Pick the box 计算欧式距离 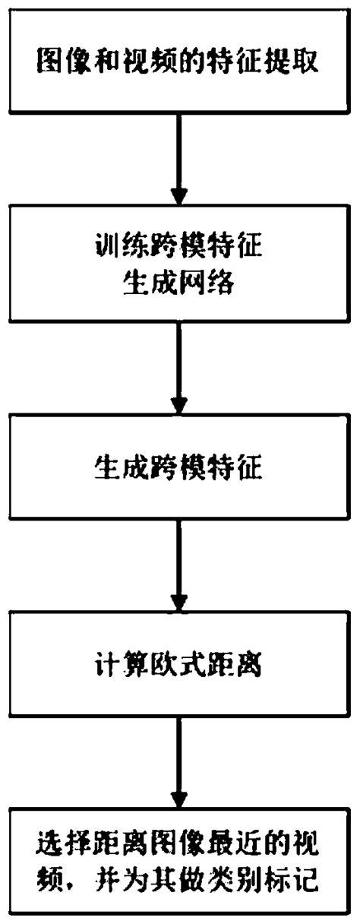click(179, 666)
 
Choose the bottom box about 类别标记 click(179, 866)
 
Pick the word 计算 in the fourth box click(114, 665)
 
